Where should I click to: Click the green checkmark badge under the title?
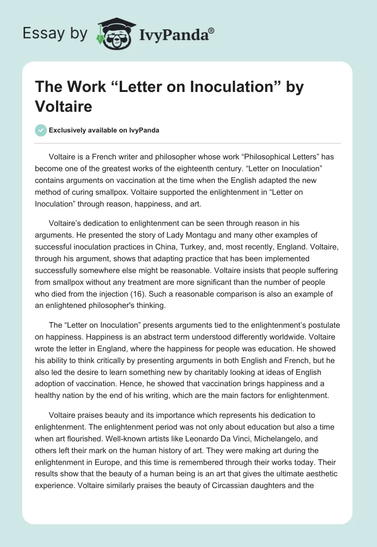tap(41, 130)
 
